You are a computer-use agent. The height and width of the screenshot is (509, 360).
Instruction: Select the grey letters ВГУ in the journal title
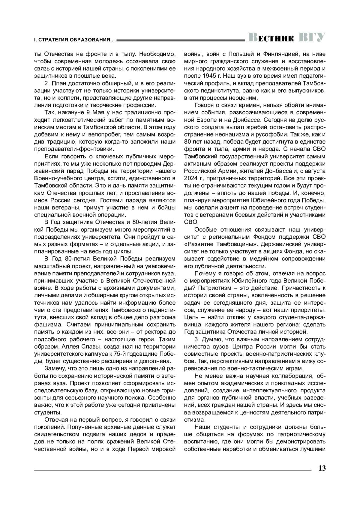[312, 37]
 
